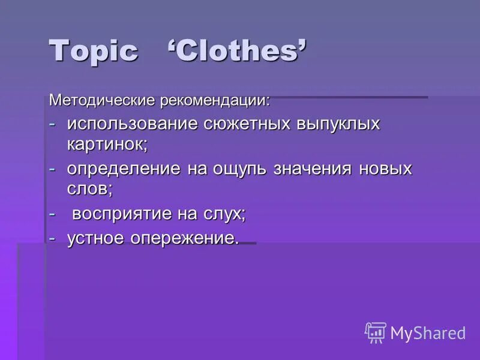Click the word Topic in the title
pos(94,52)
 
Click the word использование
pos(132,124)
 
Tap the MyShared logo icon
pos(375,332)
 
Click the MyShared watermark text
pos(428,332)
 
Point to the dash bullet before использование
pos(53,124)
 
